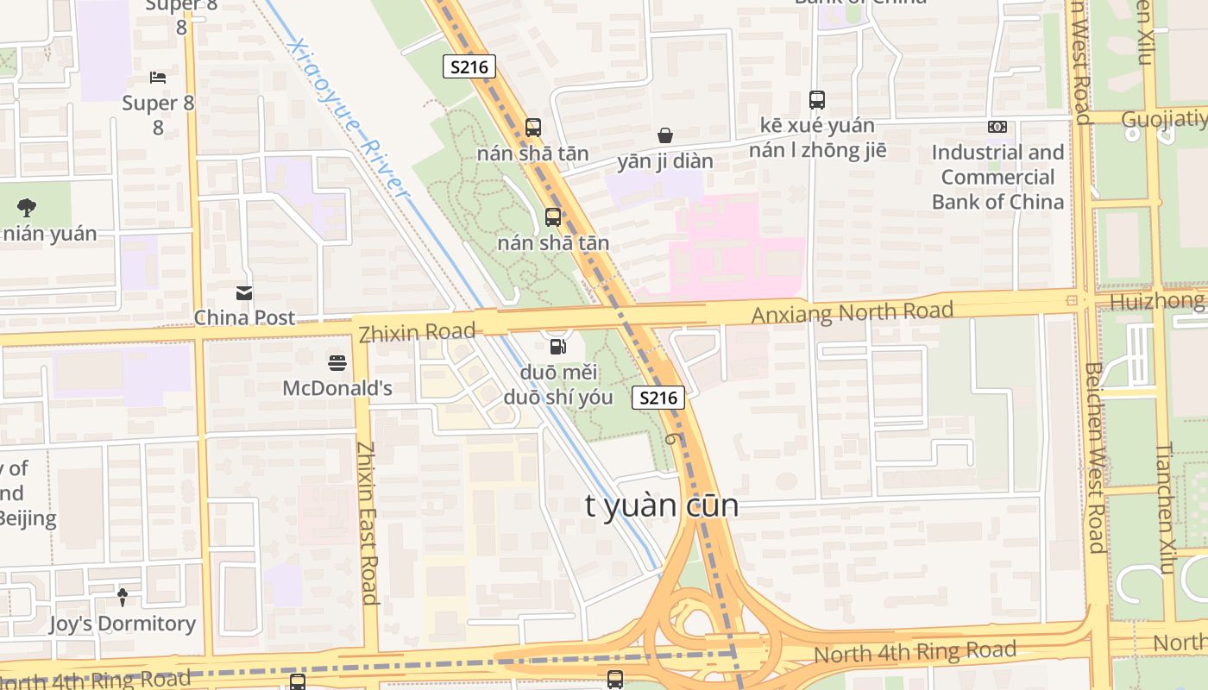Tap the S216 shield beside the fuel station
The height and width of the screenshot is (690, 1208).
[x=658, y=398]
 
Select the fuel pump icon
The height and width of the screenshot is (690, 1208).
[x=558, y=347]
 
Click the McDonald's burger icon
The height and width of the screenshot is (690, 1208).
[x=337, y=363]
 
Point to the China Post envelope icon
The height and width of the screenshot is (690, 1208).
[x=244, y=293]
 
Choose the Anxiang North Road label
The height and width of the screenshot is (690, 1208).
[x=852, y=311]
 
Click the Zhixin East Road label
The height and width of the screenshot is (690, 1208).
[x=368, y=523]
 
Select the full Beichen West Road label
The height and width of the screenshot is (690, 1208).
[x=1095, y=456]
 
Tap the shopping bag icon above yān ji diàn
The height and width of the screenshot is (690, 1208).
[x=665, y=135]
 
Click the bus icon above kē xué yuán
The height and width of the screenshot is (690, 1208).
[x=817, y=100]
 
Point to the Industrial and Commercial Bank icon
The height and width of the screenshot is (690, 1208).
[x=997, y=127]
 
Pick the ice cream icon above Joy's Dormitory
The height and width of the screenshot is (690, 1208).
[x=123, y=597]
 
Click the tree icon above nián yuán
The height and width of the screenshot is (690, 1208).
[x=27, y=207]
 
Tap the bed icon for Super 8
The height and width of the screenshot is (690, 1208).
[x=158, y=78]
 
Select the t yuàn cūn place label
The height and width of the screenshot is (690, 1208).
[x=662, y=506]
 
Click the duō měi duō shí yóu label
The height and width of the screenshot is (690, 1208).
[x=558, y=385]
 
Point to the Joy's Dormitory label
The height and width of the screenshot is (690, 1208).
[x=123, y=624]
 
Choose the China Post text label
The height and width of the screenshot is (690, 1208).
[x=244, y=317]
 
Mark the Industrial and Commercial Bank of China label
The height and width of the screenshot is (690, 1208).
[x=997, y=178]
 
